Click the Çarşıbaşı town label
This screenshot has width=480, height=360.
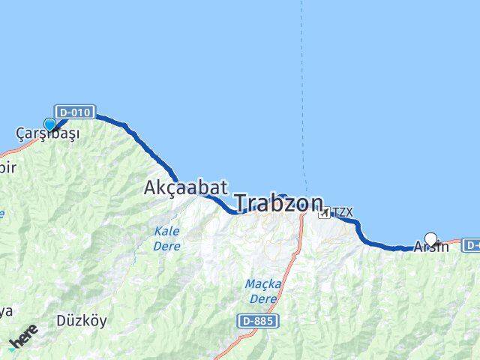click(x=47, y=134)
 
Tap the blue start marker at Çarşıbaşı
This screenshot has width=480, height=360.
click(x=50, y=125)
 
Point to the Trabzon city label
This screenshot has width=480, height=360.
click(x=278, y=202)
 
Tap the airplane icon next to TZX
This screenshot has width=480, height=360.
click(x=323, y=213)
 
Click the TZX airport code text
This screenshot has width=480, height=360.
click(x=341, y=213)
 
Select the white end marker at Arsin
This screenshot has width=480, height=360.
click(x=430, y=239)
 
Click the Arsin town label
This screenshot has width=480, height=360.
click(x=431, y=246)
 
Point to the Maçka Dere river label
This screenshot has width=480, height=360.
click(x=262, y=291)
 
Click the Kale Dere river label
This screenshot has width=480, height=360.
click(x=166, y=238)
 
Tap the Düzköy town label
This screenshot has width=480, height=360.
click(x=82, y=321)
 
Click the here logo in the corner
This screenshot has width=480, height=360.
click(x=22, y=341)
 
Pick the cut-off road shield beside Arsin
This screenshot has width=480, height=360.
click(x=472, y=244)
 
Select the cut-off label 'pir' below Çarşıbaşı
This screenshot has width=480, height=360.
click(x=7, y=166)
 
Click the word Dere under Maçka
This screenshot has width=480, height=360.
click(x=262, y=298)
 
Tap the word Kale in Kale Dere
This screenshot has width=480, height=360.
click(x=166, y=231)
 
